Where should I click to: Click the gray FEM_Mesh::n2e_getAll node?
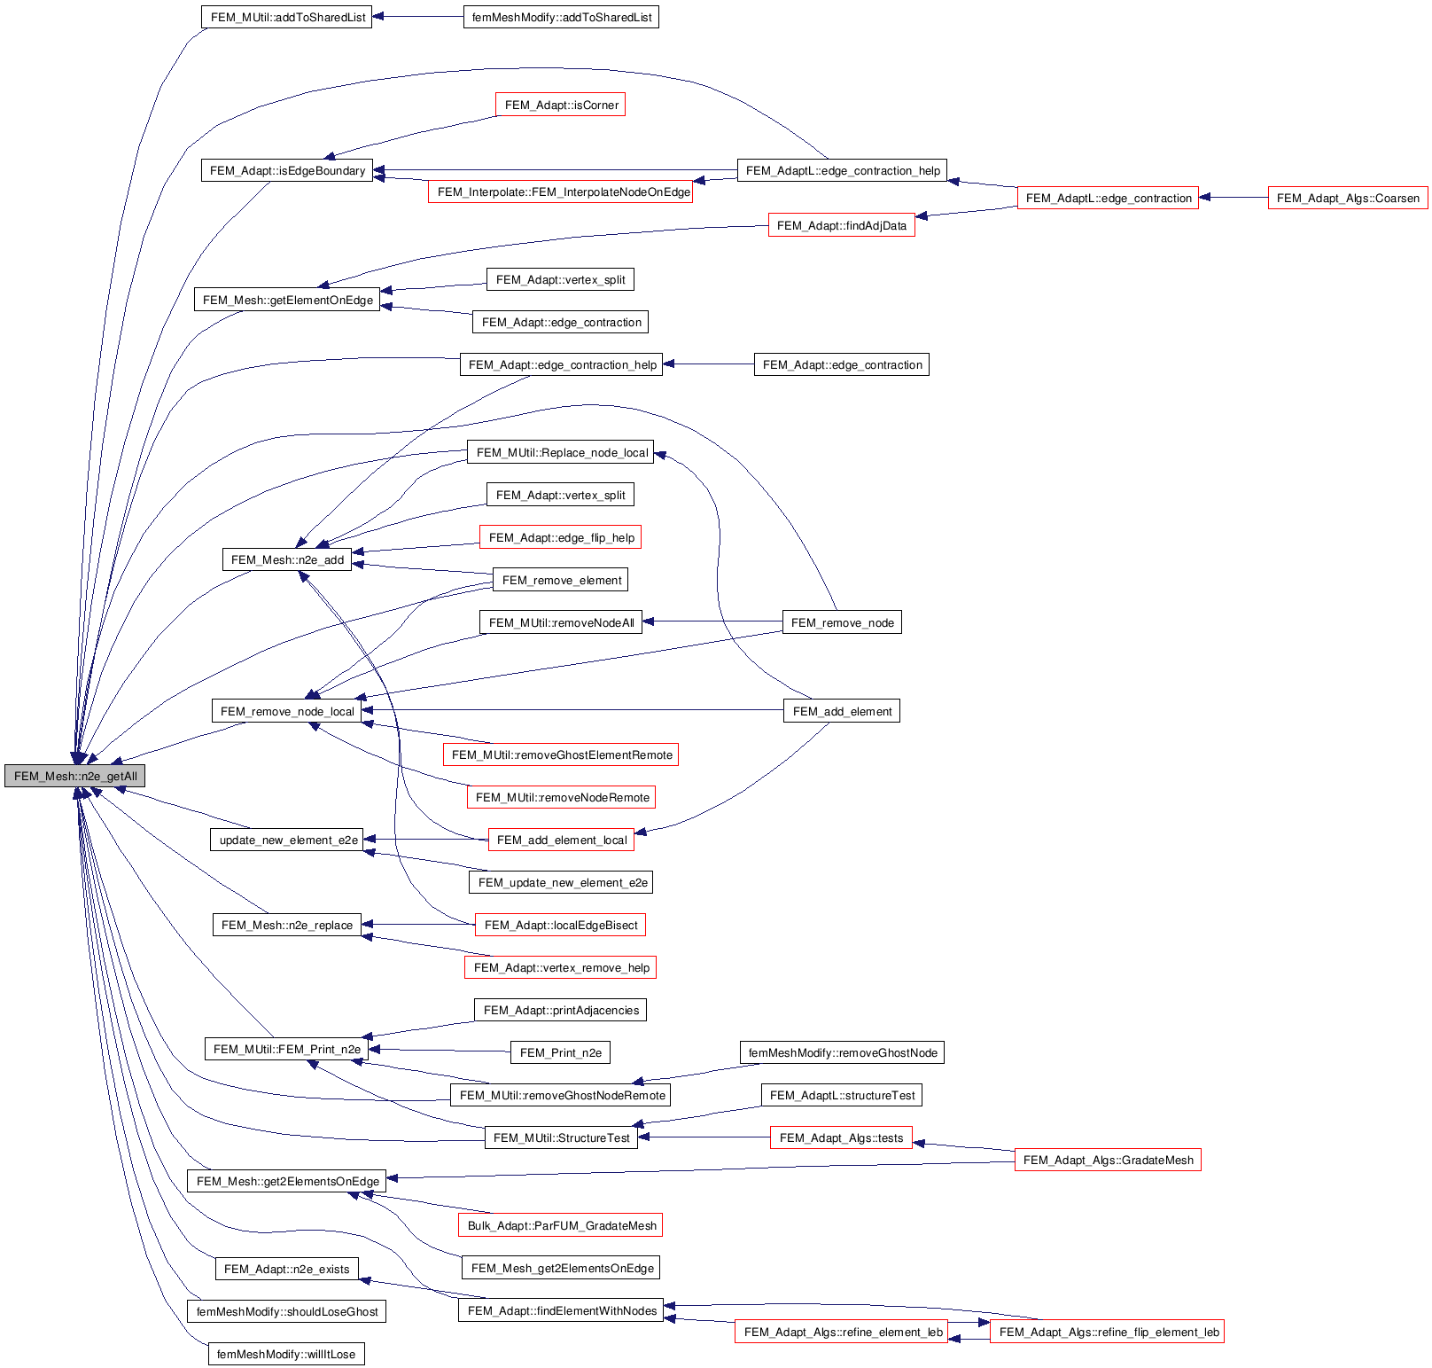pyautogui.click(x=74, y=776)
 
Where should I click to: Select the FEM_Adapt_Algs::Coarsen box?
pyautogui.click(x=1347, y=198)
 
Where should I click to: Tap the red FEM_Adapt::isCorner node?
pyautogui.click(x=561, y=105)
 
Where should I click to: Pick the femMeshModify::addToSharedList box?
pyautogui.click(x=561, y=17)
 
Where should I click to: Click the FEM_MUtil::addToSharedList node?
pyautogui.click(x=287, y=17)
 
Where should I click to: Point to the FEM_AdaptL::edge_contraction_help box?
pyautogui.click(x=842, y=170)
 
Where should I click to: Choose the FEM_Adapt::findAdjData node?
pyautogui.click(x=841, y=225)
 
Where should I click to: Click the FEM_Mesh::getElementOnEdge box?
pyautogui.click(x=287, y=300)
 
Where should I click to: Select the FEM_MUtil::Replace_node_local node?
pyautogui.click(x=561, y=452)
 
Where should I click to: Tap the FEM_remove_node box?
pyautogui.click(x=842, y=622)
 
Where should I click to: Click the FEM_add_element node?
pyautogui.click(x=842, y=711)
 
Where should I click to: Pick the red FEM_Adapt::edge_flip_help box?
pyautogui.click(x=561, y=537)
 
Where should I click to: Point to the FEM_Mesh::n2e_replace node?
pyautogui.click(x=286, y=925)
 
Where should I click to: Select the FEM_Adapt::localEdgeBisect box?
pyautogui.click(x=560, y=925)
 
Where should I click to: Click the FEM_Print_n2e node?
pyautogui.click(x=560, y=1052)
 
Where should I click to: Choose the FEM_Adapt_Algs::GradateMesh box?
pyautogui.click(x=1108, y=1160)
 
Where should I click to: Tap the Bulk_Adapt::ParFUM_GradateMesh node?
pyautogui.click(x=561, y=1225)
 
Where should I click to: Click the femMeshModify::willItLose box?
pyautogui.click(x=285, y=1354)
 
